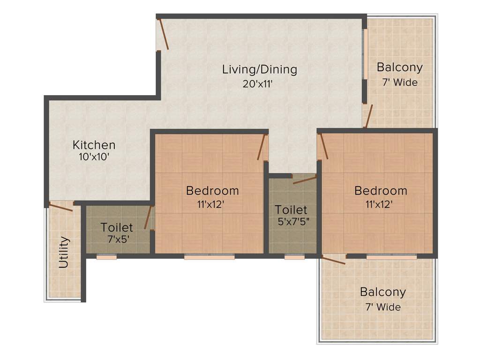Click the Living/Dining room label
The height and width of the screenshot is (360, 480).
click(x=259, y=69)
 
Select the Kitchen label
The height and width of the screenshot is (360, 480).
click(x=94, y=145)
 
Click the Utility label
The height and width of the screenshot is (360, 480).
click(x=64, y=253)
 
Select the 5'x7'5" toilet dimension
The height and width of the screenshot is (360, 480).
click(x=292, y=221)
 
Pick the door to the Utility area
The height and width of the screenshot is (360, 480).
click(x=61, y=207)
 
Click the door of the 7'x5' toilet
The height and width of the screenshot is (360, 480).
click(x=149, y=217)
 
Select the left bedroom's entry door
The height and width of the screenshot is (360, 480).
click(x=262, y=147)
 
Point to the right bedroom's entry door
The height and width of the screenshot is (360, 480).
click(x=323, y=146)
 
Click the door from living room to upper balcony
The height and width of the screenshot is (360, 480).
click(x=369, y=116)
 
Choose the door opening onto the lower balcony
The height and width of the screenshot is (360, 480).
click(x=334, y=260)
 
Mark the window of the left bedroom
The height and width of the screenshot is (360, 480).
click(x=209, y=257)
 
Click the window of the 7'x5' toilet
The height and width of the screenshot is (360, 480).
click(x=106, y=257)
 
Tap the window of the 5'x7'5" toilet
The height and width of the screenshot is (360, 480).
click(x=294, y=257)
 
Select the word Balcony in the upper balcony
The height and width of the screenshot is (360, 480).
click(x=399, y=67)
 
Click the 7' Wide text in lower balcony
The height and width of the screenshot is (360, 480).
click(x=382, y=307)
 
